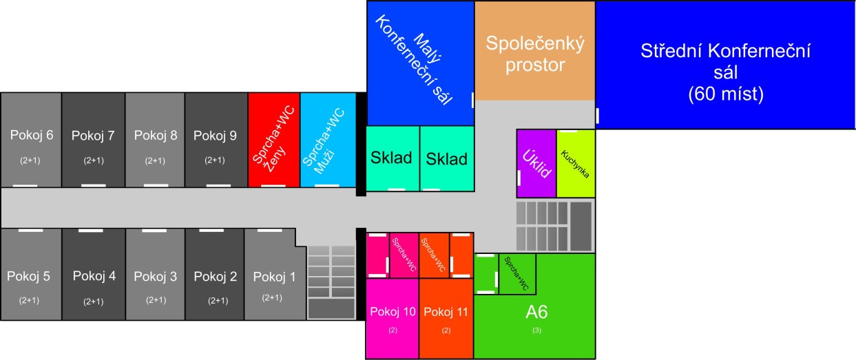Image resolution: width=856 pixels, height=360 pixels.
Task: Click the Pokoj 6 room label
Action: coord(32,135)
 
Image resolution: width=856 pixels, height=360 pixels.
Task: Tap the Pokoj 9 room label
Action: coord(215,135)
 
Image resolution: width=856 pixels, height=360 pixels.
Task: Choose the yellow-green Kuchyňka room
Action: coord(576,164)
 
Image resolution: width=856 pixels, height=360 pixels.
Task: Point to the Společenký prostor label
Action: coord(535,54)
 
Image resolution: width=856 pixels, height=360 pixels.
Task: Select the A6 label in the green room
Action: coord(536,312)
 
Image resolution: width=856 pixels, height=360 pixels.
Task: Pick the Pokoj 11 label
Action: coord(446,312)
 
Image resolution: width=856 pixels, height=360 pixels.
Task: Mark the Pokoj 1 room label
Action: coord(274,277)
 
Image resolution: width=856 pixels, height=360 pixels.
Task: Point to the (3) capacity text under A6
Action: coord(536,330)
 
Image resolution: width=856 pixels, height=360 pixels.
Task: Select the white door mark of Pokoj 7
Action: coord(93,185)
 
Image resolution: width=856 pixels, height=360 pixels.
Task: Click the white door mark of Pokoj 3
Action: coord(155,230)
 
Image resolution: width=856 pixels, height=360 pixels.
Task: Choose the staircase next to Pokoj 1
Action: coord(331,282)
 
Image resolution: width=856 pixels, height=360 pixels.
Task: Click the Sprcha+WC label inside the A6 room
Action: coord(516,274)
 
